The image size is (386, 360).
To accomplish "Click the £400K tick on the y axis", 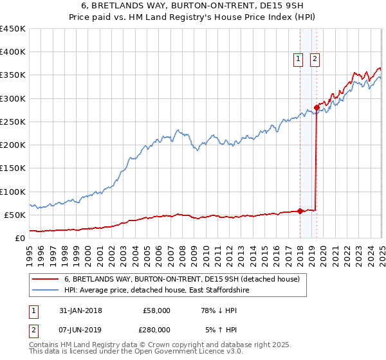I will coord(13,52).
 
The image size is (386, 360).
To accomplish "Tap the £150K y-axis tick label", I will coord(13,168).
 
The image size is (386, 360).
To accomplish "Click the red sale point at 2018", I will coord(300,211).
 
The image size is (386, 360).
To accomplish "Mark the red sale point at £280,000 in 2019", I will coord(316,107).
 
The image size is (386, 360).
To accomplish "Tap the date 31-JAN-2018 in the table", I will coord(80,310).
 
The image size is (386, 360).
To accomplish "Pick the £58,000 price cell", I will coord(156,310).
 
